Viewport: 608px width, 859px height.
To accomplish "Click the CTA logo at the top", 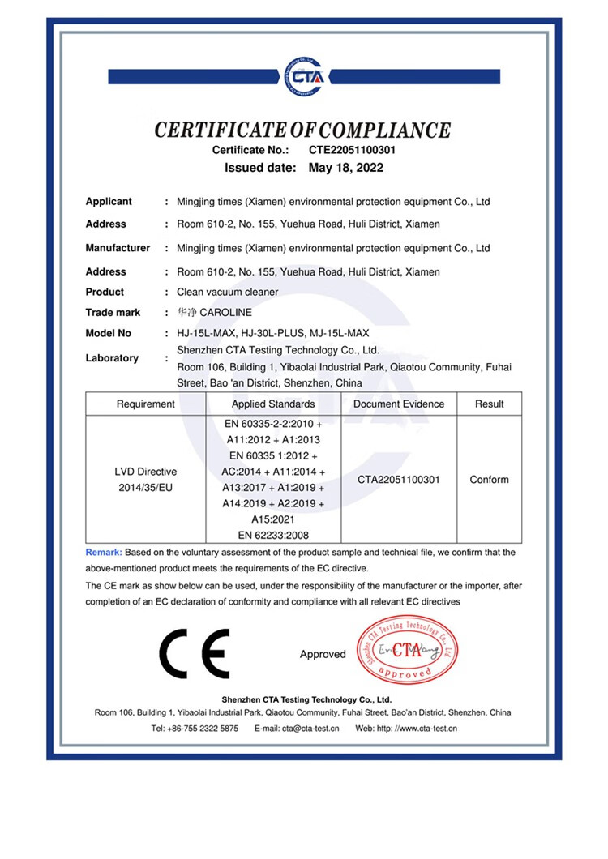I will pos(303,76).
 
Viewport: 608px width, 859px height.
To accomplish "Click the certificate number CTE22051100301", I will pos(352,150).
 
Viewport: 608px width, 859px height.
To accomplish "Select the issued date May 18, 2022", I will pos(346,169).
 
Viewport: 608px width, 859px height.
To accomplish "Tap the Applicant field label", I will pos(109,202).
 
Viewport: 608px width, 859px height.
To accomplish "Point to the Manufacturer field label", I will pos(118,248).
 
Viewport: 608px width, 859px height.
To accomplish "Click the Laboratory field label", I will pos(112,357).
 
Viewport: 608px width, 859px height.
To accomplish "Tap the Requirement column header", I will pos(146,404).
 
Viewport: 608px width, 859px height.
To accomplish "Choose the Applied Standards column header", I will pos(273,404).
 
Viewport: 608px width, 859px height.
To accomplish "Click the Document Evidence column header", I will pos(399,404).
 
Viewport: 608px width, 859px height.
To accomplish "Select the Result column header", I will pos(490,404).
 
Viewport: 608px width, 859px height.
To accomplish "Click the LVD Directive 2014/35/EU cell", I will pos(146,479).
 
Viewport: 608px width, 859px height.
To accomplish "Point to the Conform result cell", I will pos(490,480).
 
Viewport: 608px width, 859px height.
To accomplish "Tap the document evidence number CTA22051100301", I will pos(399,480).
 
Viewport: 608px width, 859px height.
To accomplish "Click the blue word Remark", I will pos(103,553).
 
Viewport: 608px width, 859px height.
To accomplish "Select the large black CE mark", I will pos(195,653).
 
